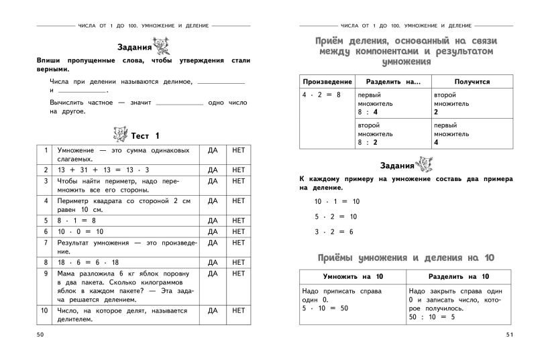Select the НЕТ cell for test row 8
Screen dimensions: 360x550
coord(238,262)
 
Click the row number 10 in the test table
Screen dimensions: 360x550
coord(45,310)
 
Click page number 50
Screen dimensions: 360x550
coord(41,333)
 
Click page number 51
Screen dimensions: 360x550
coord(507,334)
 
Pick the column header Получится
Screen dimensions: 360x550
coord(472,82)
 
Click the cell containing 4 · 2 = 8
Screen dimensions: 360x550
coord(321,95)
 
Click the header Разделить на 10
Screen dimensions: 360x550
coord(458,276)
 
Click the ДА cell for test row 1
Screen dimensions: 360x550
coord(213,150)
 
